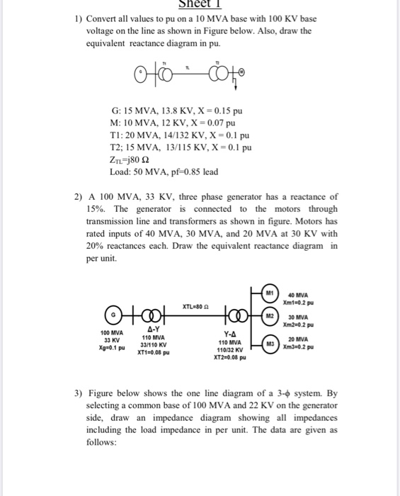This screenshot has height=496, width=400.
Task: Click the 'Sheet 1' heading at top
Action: click(200, 4)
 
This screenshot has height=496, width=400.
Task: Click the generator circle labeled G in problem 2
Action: click(111, 315)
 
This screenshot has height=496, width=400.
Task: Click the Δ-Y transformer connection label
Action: click(152, 329)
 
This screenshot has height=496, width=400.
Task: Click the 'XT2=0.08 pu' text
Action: click(230, 359)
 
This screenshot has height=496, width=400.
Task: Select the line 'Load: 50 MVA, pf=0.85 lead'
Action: click(164, 172)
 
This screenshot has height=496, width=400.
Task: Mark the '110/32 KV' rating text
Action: click(230, 350)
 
